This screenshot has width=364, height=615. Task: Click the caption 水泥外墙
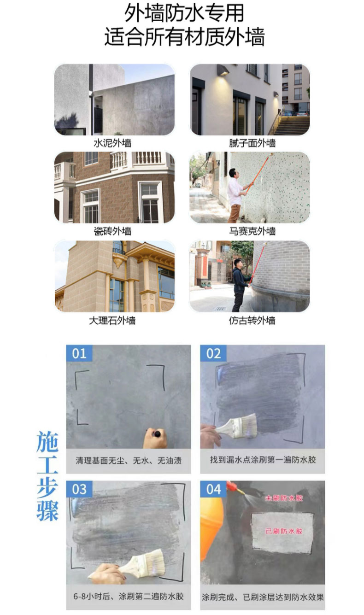[112, 143]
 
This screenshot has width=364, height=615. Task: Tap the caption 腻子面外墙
[252, 143]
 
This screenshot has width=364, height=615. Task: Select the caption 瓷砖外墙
[112, 231]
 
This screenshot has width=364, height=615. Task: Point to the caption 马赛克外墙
[252, 231]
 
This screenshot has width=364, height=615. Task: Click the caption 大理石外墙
[112, 321]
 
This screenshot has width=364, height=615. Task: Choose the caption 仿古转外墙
[252, 321]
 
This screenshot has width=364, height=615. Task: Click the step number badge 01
[79, 353]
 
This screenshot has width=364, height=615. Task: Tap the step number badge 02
[213, 353]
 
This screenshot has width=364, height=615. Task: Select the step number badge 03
[79, 489]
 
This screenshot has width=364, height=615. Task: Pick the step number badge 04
[213, 489]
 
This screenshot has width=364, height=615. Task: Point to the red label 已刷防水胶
[284, 531]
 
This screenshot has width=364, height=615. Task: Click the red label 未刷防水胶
[284, 498]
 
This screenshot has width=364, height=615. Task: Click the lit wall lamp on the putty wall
[223, 70]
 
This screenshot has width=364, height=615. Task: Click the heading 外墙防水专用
[184, 13]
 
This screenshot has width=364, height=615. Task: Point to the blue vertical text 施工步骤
[47, 476]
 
